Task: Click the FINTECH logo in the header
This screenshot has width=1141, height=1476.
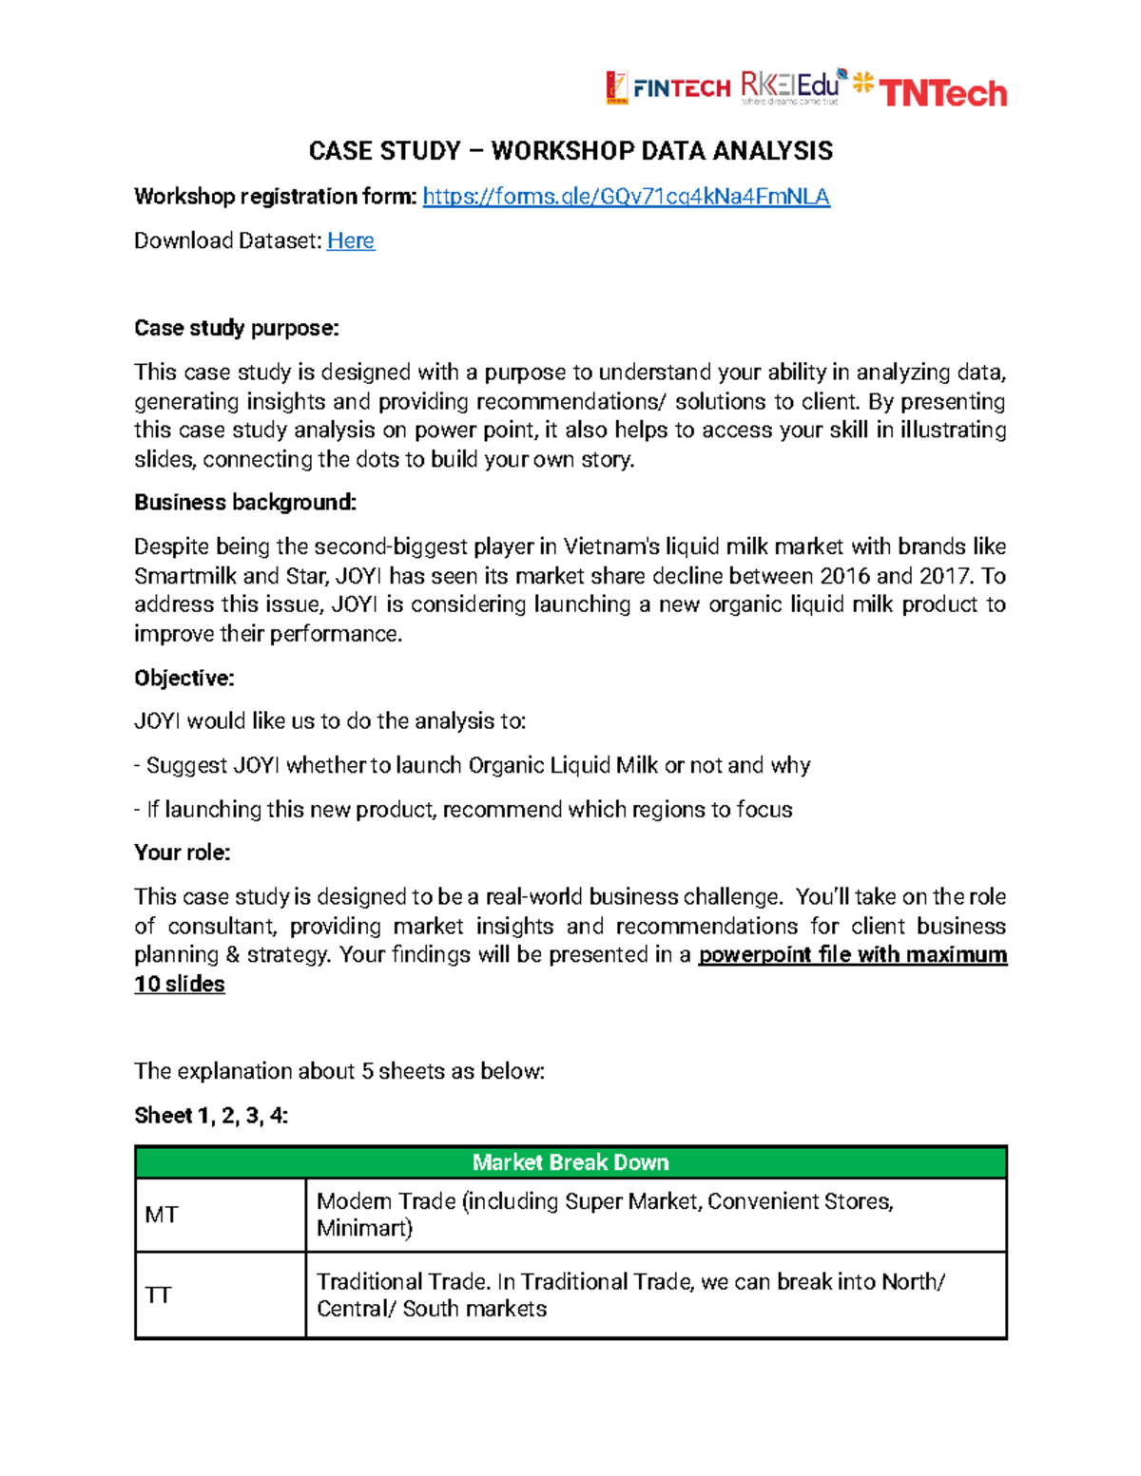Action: coord(668,87)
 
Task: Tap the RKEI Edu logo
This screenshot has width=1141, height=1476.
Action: coord(791,86)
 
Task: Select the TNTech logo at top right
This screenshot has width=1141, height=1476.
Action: coord(932,91)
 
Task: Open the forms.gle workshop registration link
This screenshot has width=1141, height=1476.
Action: coord(626,197)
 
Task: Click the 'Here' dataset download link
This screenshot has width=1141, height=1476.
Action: coord(350,240)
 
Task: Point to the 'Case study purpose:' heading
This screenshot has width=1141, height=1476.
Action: coord(236,328)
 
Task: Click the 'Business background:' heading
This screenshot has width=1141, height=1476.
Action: coord(244,503)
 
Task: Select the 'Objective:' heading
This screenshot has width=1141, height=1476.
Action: coord(184,678)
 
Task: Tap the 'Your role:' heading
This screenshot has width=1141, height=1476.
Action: coord(182,853)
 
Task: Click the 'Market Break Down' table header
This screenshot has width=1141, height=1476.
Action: coord(570,1162)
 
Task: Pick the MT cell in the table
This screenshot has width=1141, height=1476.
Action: coord(162,1215)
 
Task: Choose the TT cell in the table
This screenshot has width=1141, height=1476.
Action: coord(158,1295)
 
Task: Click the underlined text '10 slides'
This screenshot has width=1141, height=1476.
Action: coord(180,984)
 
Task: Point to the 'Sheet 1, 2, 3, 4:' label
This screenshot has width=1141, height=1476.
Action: coord(211,1115)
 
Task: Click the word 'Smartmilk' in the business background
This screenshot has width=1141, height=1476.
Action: coord(184,576)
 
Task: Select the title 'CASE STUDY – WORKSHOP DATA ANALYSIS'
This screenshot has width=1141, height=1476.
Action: coord(570,151)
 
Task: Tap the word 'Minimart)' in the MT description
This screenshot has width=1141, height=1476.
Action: coord(364,1228)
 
